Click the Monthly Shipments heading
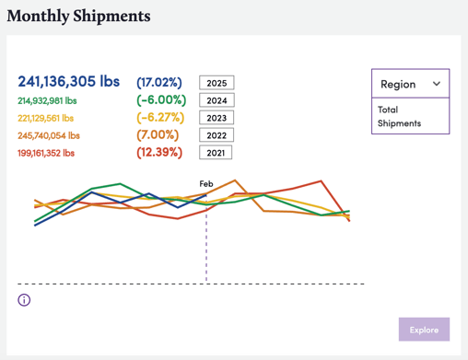(78, 17)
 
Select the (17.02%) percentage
(159, 82)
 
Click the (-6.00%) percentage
(161, 99)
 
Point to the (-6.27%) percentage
(161, 117)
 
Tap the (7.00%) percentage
(158, 134)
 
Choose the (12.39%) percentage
(160, 152)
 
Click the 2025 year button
(216, 83)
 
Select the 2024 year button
(216, 100)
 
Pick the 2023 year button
(216, 118)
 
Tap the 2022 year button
(216, 135)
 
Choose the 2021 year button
(216, 153)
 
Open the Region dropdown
(410, 84)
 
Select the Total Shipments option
(401, 116)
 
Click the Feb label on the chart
(206, 184)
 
